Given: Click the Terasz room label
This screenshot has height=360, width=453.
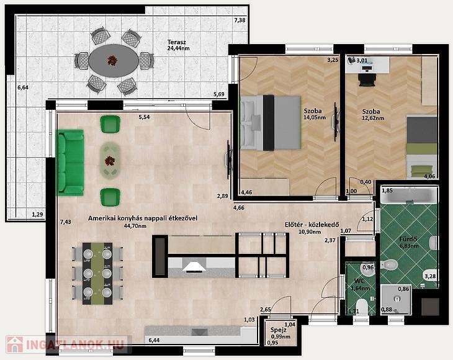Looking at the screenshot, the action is click(x=176, y=42).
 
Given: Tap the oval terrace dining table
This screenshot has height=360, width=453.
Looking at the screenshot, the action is click(x=114, y=61).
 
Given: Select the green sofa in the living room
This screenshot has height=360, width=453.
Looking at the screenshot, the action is click(x=71, y=163).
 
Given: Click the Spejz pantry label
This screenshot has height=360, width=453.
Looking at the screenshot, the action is click(x=279, y=330).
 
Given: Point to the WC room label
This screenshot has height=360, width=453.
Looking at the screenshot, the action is click(x=360, y=281).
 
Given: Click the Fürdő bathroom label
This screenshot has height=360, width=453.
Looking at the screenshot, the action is click(x=408, y=240).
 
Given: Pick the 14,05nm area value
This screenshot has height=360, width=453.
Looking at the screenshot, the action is click(x=315, y=117).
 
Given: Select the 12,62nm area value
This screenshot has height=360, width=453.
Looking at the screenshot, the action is click(x=373, y=118).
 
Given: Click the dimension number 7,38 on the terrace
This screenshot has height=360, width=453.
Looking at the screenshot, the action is click(x=240, y=20).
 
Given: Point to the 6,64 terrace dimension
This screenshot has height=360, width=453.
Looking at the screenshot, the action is click(x=23, y=88).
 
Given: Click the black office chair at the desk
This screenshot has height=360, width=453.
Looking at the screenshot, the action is click(x=367, y=79).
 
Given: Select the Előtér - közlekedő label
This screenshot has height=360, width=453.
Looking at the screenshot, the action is click(x=312, y=225).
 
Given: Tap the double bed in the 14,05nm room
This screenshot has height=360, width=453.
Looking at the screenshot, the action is click(x=271, y=123).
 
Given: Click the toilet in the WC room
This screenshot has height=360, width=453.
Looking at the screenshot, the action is click(x=361, y=307).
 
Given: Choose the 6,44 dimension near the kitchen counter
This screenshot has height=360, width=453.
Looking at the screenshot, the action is click(x=154, y=340).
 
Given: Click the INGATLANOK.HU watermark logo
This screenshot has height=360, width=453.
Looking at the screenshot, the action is click(x=66, y=344).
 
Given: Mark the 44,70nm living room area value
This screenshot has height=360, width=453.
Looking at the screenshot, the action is click(x=135, y=226).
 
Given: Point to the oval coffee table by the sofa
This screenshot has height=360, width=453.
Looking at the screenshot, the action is click(x=110, y=161).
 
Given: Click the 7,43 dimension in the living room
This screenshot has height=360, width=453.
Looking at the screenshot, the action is click(x=66, y=222).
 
